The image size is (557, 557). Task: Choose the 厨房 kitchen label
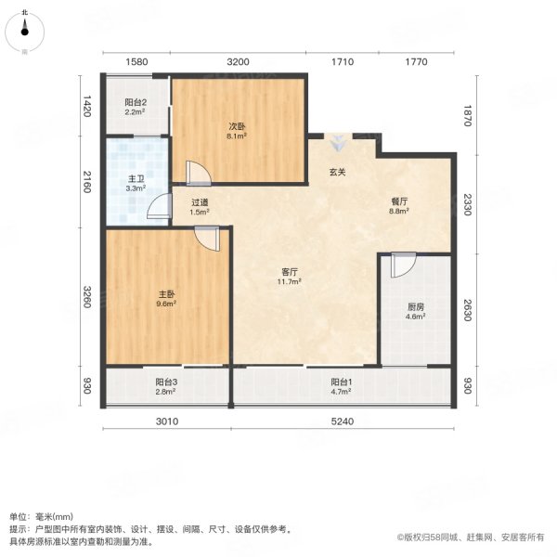(x=415, y=309)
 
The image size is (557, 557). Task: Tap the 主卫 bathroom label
(x=135, y=180)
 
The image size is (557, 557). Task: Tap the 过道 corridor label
(x=200, y=205)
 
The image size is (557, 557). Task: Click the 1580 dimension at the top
(x=136, y=62)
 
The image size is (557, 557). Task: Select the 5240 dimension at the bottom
(x=342, y=424)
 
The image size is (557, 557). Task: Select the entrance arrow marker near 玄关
(x=339, y=143)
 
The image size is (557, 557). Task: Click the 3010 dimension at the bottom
(x=166, y=424)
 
